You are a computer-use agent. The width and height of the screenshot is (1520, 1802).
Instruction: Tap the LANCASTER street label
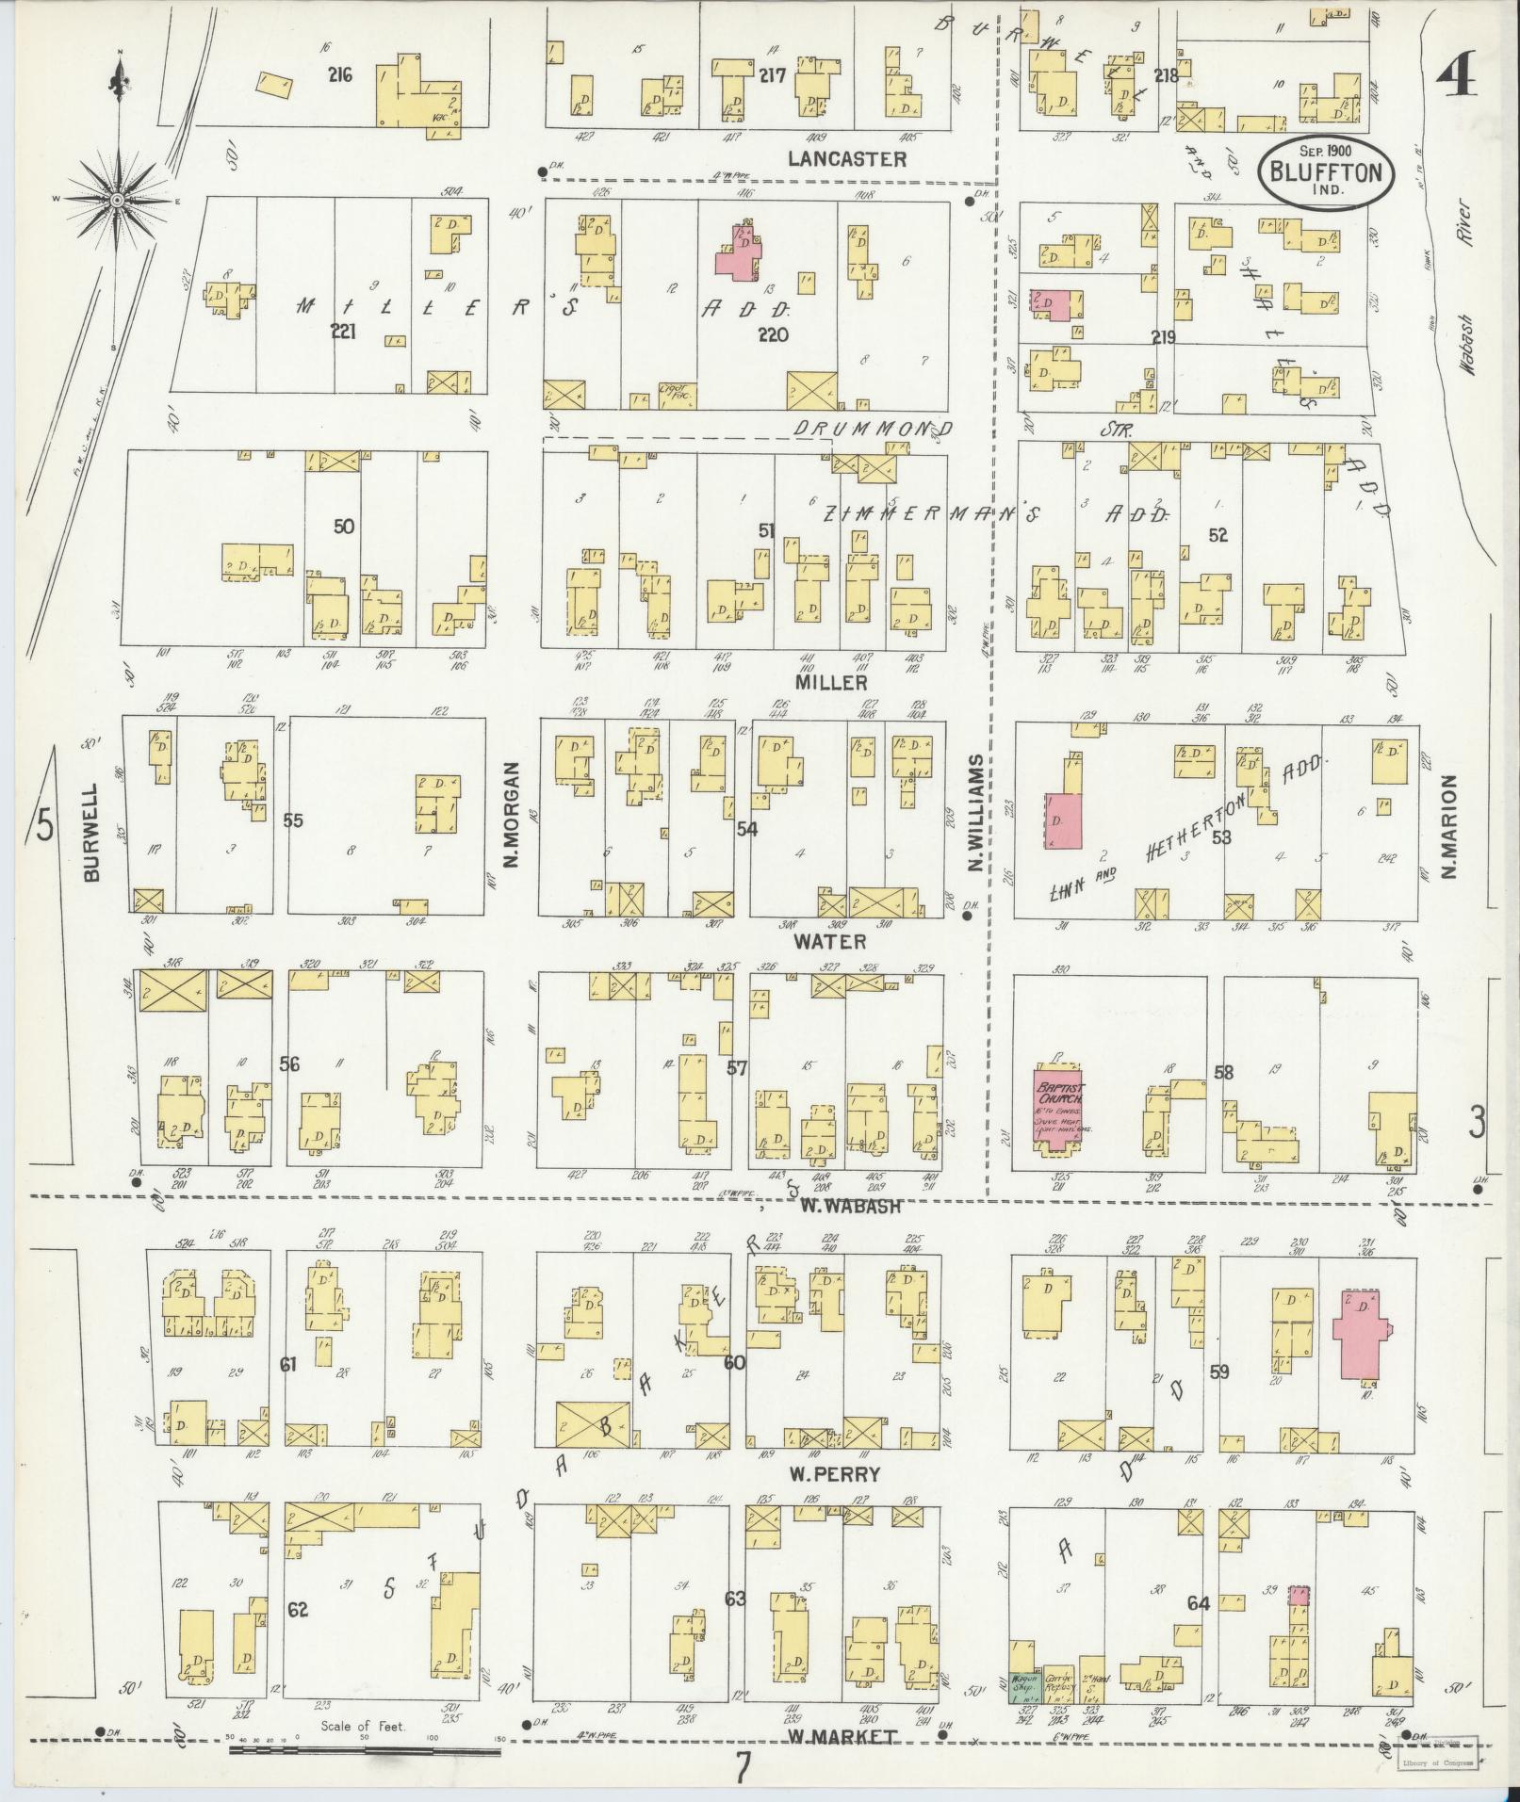click(847, 158)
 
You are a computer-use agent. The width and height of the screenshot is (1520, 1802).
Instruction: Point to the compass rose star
click(117, 201)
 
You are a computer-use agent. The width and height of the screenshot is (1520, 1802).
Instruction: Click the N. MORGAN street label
click(513, 813)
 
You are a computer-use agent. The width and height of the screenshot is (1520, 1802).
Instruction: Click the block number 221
click(343, 332)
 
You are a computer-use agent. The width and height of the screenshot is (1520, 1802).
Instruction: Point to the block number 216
click(339, 74)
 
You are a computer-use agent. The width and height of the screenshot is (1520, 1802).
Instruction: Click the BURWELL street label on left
click(90, 832)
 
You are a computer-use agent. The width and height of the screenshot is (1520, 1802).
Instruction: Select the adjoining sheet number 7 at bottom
click(744, 1771)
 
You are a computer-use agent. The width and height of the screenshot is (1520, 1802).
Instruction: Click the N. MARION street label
click(1448, 826)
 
